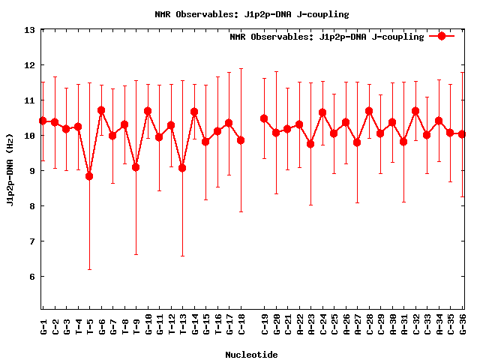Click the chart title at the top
[x=251, y=14]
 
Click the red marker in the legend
[x=442, y=36]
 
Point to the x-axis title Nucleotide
[x=251, y=355]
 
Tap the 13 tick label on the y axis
[x=30, y=31]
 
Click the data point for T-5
[x=89, y=176]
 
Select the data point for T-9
[x=136, y=167]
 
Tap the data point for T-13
[x=182, y=168]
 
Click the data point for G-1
[x=43, y=121]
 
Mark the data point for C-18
[x=241, y=140]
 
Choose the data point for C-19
[x=264, y=118]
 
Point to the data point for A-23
[x=310, y=144]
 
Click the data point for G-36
[x=462, y=134]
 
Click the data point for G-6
[x=101, y=110]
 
